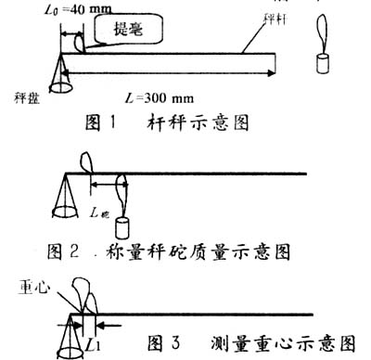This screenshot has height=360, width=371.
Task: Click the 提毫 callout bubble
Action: (127, 30)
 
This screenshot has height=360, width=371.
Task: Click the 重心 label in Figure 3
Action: (29, 288)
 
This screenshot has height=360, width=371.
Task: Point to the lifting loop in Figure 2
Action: (91, 160)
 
